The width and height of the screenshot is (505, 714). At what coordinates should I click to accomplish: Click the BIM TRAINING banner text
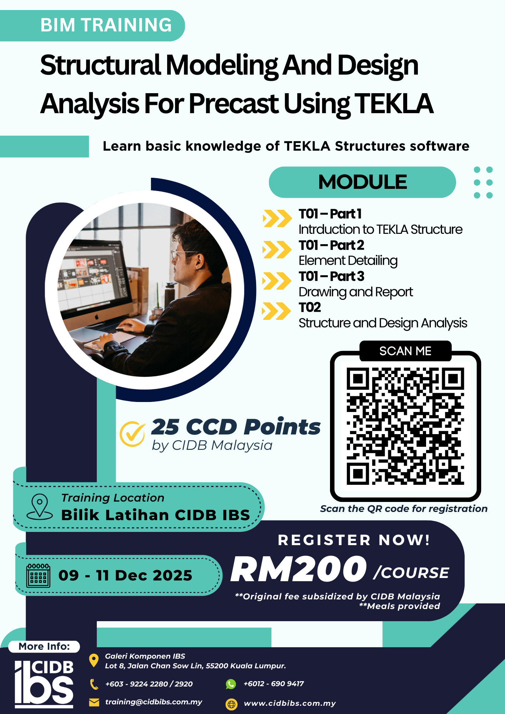coord(106,25)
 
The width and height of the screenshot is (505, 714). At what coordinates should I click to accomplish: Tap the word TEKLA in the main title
coord(394,104)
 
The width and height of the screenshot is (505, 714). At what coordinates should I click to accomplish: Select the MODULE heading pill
coord(362,182)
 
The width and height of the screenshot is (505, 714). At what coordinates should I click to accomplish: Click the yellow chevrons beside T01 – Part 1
coord(277,218)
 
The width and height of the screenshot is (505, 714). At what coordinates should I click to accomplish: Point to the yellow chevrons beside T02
coord(276,311)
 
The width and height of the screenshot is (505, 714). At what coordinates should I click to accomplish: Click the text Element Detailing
coord(348,261)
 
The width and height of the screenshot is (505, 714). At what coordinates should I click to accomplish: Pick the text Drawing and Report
coord(356,292)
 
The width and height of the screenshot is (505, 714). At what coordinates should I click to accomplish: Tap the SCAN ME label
coord(405,351)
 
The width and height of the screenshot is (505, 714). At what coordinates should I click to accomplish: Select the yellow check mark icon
coord(132,434)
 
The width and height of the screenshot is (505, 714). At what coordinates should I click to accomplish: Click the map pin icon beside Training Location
coord(40,507)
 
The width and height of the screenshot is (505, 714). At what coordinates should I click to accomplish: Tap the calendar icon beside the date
coord(38,575)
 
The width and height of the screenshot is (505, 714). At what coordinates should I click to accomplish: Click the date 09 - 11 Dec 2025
coord(125,575)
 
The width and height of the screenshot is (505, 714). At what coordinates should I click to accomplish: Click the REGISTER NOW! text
coord(354,540)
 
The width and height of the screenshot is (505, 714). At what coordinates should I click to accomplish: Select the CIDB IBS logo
coord(44,684)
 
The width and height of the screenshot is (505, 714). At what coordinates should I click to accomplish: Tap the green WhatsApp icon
coord(231,684)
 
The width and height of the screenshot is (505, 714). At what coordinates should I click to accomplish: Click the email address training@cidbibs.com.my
coord(154,702)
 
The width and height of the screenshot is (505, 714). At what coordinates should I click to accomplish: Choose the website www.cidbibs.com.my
coord(290,703)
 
